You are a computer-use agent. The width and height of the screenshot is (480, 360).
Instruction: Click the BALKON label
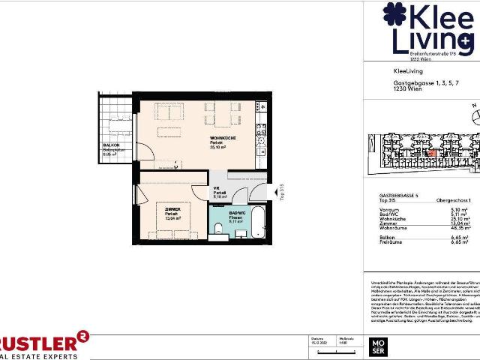[x=110, y=147]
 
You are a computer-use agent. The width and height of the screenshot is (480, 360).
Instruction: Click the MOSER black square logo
[x=376, y=346]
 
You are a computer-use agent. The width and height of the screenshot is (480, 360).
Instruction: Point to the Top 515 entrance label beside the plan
[x=282, y=193]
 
